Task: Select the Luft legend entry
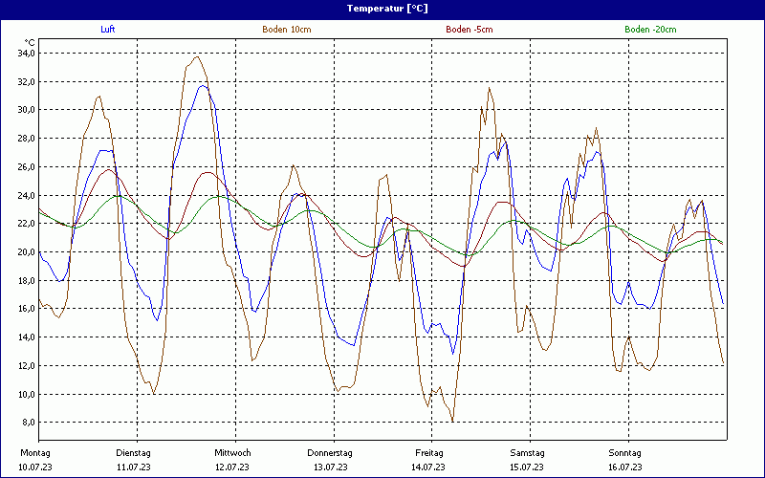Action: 108,30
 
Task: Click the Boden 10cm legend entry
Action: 287,30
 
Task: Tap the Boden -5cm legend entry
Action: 470,30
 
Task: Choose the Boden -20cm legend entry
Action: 649,30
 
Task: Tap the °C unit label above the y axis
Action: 30,42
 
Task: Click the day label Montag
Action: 34,452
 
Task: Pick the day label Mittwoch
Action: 232,452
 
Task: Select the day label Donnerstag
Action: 330,452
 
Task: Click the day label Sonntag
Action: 626,452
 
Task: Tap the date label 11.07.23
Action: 134,467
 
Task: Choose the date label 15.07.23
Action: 527,467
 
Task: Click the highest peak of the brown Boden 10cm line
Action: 197,56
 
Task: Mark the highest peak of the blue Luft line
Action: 203,86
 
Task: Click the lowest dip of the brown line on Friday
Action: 452,421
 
